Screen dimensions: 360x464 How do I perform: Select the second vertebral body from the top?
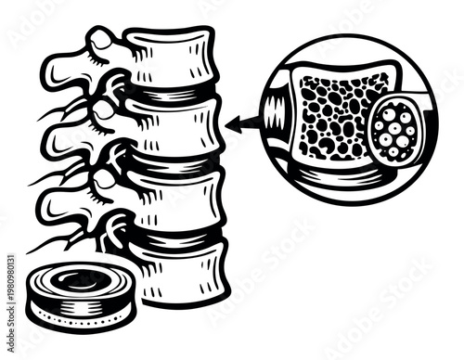176,130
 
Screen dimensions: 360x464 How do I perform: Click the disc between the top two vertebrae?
172,96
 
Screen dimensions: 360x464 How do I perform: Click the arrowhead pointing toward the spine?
238,121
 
